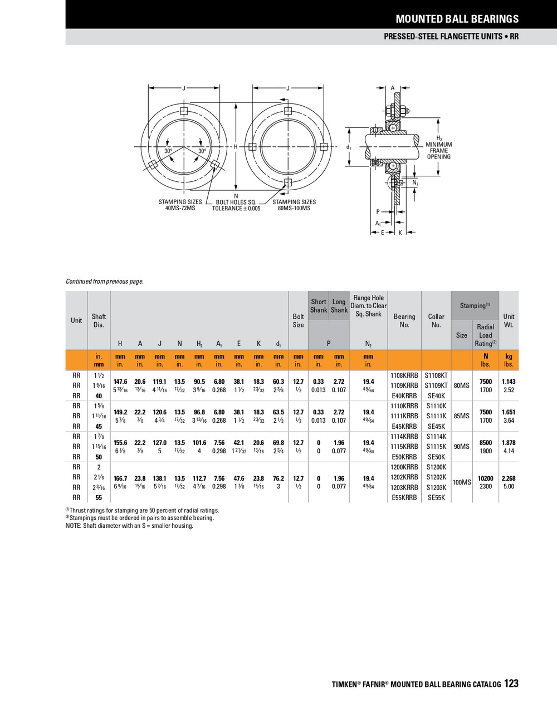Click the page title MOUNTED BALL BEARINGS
[457, 19]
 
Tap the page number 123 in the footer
[511, 684]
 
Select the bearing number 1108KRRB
[404, 375]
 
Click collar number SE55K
[436, 498]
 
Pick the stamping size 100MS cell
[462, 482]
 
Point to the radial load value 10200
[486, 478]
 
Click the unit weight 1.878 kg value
[509, 443]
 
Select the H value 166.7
[120, 478]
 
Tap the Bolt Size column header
[298, 320]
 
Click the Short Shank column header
[319, 306]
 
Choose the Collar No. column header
[436, 320]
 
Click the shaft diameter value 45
[99, 427]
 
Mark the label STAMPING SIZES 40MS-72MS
[180, 205]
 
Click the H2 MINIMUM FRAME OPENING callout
[438, 147]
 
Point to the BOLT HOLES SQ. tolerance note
[236, 205]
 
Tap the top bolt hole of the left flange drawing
[183, 111]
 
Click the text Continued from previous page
[105, 281]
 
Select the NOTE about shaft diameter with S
[129, 526]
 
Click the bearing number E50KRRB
[404, 457]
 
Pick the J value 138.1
[159, 478]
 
